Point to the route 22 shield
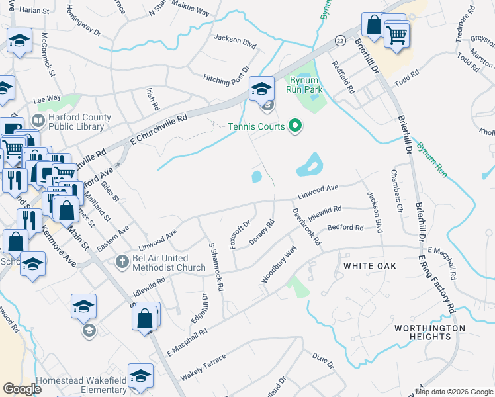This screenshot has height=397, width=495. [x=339, y=40]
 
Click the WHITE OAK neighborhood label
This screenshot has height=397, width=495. [x=369, y=266]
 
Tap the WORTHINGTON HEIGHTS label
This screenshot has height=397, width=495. [x=429, y=332]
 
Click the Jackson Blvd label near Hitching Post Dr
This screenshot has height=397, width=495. [x=234, y=38]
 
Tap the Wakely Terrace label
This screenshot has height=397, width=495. [x=203, y=367]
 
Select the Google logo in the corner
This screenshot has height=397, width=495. [x=22, y=389]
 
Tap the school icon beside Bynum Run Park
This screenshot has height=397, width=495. [x=261, y=89]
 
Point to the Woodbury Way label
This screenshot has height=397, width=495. [x=279, y=265]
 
